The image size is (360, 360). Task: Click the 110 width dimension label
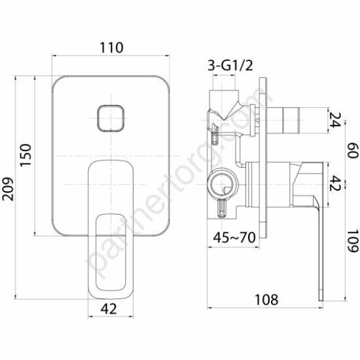tap(111, 48)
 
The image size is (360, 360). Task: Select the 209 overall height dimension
tap(8, 189)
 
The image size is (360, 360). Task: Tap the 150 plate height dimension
tap(26, 155)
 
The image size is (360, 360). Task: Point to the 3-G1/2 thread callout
tap(230, 65)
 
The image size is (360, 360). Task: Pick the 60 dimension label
tap(353, 151)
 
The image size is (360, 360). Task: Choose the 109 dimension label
tap(353, 241)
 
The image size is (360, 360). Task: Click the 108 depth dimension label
tap(266, 299)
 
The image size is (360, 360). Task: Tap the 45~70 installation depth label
tap(234, 238)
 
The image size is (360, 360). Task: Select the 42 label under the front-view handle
tap(109, 308)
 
